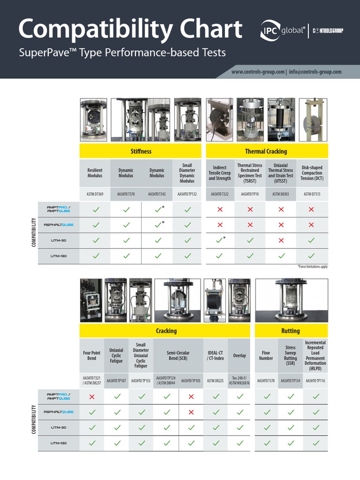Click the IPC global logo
[283, 31]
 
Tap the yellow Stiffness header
[141, 151]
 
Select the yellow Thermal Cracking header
[266, 151]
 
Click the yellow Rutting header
[291, 331]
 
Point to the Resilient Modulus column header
[95, 173]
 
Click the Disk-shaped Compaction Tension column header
[312, 173]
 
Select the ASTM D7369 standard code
[95, 194]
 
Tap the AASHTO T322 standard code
[220, 194]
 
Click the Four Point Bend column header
[92, 356]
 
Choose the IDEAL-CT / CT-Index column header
[216, 356]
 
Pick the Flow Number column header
[266, 356]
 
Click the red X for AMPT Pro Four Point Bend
[92, 397]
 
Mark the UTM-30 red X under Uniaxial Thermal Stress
[281, 240]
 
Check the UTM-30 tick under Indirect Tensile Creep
[219, 240]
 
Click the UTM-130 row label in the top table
[58, 256]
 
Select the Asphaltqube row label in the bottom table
[59, 412]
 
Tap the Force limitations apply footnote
[312, 266]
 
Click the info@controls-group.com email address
[315, 72]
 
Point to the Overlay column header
[240, 356]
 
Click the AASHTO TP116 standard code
[315, 381]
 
